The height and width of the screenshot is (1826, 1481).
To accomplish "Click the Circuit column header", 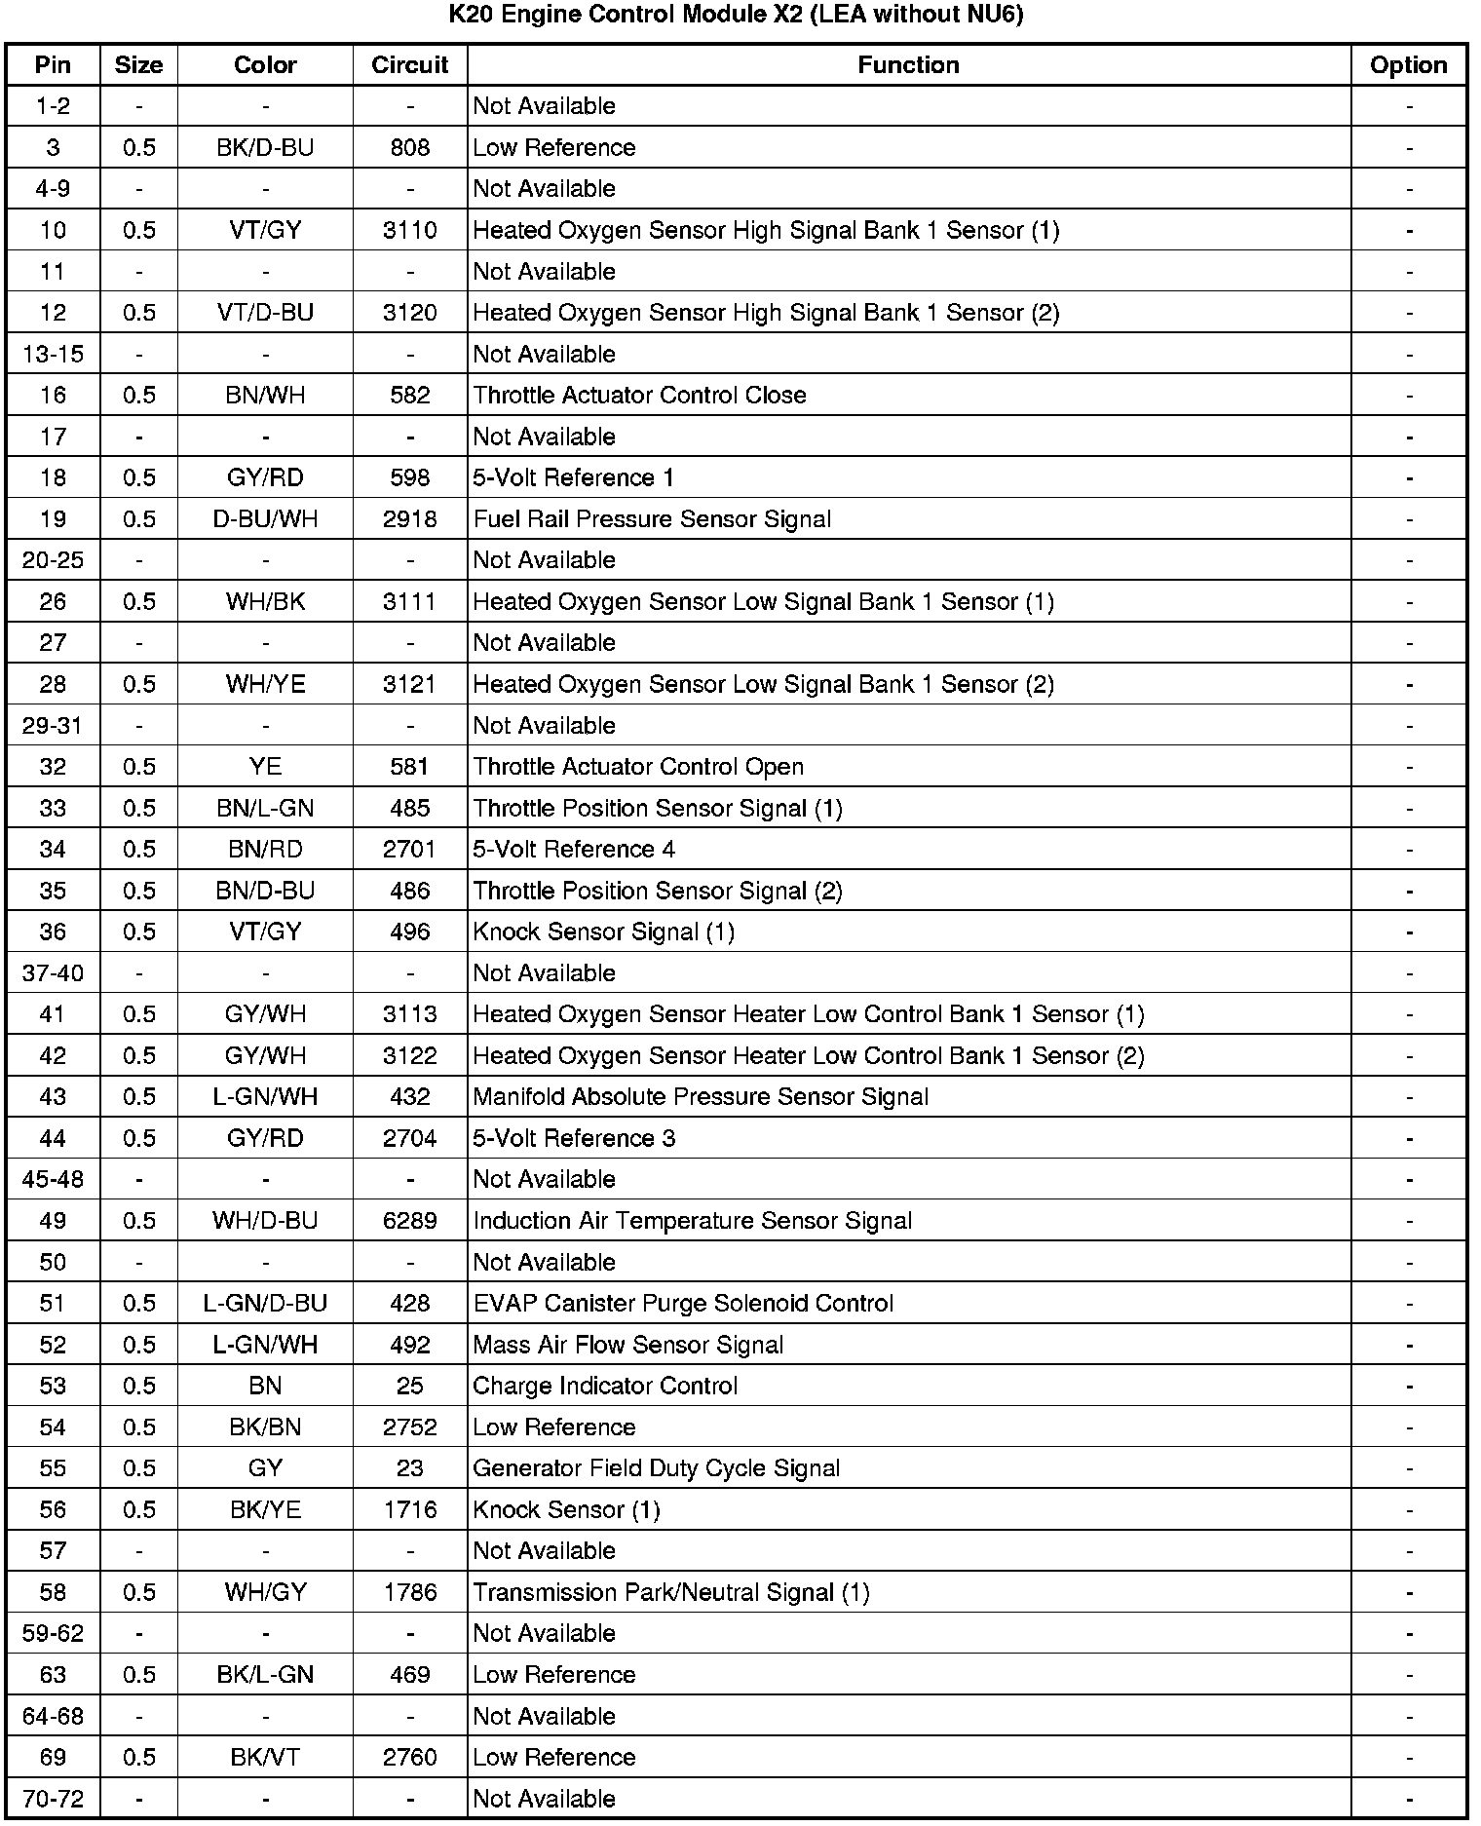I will click(409, 65).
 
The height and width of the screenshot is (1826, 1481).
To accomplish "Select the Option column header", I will click(1408, 65).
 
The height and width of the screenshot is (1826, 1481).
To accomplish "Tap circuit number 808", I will click(409, 147).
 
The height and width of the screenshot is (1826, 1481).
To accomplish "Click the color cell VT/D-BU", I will click(265, 313).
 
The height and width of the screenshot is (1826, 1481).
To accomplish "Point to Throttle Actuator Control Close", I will click(639, 395).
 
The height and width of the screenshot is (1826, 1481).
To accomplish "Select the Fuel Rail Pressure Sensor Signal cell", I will click(652, 518).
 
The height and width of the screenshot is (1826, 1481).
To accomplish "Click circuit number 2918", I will click(409, 518).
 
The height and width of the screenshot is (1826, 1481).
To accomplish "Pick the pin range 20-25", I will click(53, 560).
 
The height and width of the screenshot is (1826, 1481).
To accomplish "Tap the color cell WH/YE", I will click(265, 684).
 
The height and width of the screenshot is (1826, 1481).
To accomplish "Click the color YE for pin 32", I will click(265, 767).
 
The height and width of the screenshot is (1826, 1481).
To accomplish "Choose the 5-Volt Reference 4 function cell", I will click(574, 849).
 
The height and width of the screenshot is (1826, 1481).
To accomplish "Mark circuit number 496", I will click(409, 932).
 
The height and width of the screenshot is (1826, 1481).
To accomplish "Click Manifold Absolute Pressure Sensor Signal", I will click(701, 1097).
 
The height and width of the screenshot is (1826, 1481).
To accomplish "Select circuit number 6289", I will click(409, 1221).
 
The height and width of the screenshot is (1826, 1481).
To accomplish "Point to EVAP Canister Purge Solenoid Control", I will click(683, 1304).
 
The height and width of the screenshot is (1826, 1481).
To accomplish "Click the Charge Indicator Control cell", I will click(605, 1386).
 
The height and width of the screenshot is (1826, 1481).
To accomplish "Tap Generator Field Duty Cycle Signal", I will click(656, 1468).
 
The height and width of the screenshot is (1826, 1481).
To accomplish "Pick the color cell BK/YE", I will click(265, 1509).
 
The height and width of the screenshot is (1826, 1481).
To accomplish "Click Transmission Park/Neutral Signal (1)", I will click(670, 1592).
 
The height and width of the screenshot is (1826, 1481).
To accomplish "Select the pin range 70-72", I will click(53, 1799).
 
